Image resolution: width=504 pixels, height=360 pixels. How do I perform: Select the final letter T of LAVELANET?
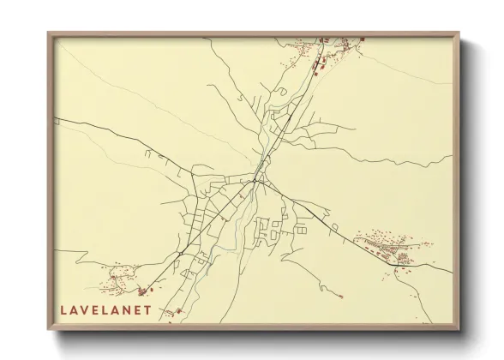coord(147,309)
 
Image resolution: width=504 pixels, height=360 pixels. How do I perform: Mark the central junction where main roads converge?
coord(256,180)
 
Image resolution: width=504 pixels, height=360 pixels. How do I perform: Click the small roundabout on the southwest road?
coord(142,291)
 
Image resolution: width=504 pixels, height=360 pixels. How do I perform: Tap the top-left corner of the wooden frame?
coord(49,33)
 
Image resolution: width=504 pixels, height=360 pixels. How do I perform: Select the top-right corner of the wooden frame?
coord(459,33)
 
